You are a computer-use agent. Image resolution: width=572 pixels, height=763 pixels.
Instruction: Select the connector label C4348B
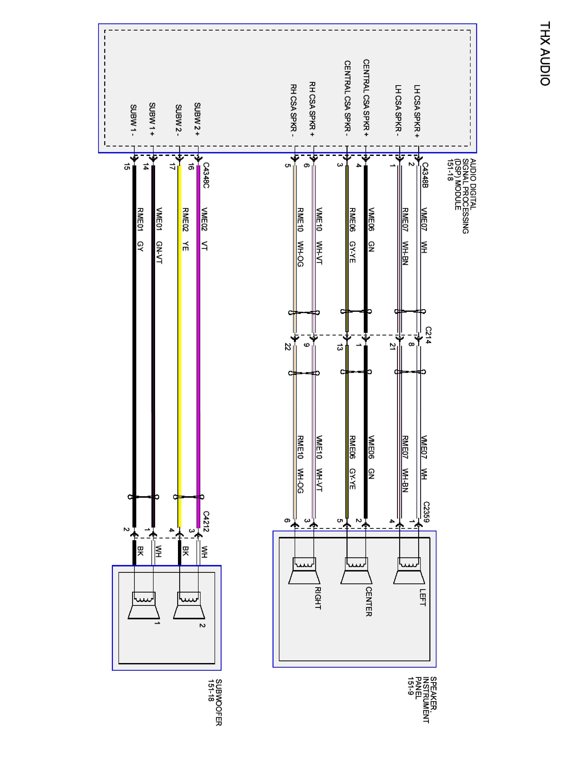pos(425,175)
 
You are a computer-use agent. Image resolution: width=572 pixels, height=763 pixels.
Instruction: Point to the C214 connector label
pos(428,335)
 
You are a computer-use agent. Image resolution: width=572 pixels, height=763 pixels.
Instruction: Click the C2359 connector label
pos(427,512)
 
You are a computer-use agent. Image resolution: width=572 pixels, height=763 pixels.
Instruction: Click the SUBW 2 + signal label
pos(197,119)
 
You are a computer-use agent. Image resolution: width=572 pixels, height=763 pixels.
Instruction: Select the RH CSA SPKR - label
pos(293,110)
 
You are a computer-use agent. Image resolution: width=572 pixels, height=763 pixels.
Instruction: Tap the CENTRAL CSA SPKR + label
pos(366,98)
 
